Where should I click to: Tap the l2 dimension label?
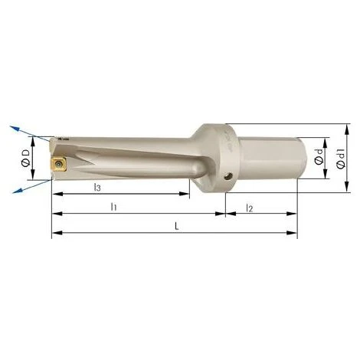click(250, 207)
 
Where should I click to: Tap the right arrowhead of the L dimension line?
click(295, 234)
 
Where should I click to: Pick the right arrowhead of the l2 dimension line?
click(295, 214)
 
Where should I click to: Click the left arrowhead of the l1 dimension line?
click(54, 214)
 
